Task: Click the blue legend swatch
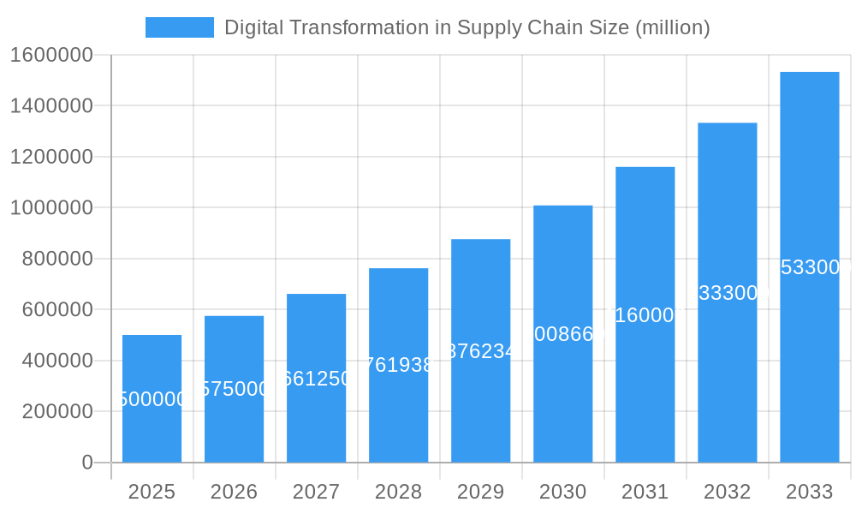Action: [179, 27]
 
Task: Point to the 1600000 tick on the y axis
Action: [51, 55]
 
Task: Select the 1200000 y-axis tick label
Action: [51, 157]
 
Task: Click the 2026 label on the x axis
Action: [234, 492]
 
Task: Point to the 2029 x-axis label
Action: [480, 492]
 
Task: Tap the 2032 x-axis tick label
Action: [727, 492]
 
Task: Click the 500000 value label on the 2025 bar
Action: [152, 399]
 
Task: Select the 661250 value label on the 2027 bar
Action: [316, 379]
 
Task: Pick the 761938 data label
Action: [398, 365]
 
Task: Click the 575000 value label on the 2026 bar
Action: [234, 389]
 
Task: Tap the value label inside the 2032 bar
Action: [727, 293]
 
